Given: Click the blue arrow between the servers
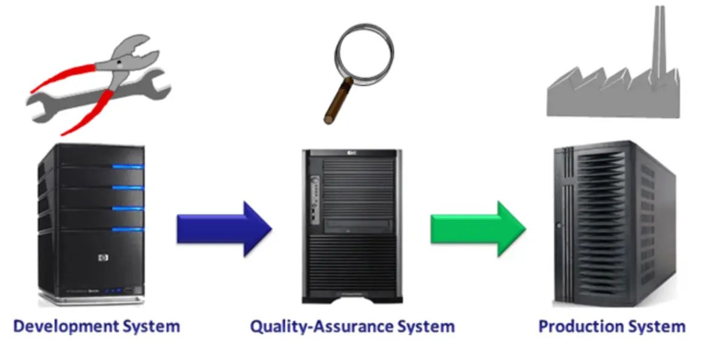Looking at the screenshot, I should tap(223, 229).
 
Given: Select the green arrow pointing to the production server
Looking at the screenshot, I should tap(477, 229).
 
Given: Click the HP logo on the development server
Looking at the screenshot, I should tap(101, 257).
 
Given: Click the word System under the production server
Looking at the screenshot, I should tap(656, 326).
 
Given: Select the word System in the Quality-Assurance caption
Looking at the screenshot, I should tap(425, 326).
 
